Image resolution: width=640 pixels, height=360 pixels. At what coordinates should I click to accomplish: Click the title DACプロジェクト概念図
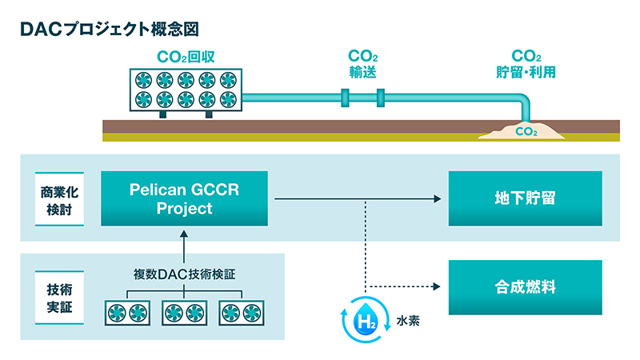pyautogui.click(x=110, y=29)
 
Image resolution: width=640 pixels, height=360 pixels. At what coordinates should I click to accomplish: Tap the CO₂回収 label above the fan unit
pyautogui.click(x=186, y=57)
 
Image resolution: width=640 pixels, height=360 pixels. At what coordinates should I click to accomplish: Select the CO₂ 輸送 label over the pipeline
pyautogui.click(x=363, y=64)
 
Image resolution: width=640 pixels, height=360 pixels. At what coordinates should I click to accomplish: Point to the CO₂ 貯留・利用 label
pyautogui.click(x=526, y=64)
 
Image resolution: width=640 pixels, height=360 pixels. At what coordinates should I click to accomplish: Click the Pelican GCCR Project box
pyautogui.click(x=185, y=198)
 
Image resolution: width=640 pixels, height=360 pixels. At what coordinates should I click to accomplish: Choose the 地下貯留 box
pyautogui.click(x=526, y=198)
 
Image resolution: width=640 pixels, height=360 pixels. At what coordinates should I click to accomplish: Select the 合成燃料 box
pyautogui.click(x=526, y=287)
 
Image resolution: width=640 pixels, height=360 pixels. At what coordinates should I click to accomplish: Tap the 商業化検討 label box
pyautogui.click(x=59, y=198)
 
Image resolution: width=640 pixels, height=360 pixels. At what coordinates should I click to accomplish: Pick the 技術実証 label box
pyautogui.click(x=59, y=298)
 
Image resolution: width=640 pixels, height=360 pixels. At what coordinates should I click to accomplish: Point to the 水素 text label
pyautogui.click(x=408, y=321)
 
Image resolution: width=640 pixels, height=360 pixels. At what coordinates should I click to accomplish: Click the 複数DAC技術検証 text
pyautogui.click(x=185, y=274)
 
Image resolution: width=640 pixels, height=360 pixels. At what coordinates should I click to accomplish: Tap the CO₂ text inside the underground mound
pyautogui.click(x=526, y=131)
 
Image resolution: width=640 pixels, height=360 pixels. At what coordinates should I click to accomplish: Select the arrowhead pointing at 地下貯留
pyautogui.click(x=438, y=198)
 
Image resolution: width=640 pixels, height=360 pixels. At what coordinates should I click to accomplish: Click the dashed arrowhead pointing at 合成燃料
pyautogui.click(x=436, y=286)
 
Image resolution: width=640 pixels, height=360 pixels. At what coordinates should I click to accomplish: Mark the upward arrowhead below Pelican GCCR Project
pyautogui.click(x=184, y=234)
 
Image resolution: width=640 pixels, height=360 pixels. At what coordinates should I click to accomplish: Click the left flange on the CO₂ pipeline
pyautogui.click(x=345, y=98)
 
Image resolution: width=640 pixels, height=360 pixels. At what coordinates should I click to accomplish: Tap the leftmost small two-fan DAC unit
pyautogui.click(x=127, y=313)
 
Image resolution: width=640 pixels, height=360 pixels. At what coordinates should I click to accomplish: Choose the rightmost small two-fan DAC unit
pyautogui.click(x=242, y=313)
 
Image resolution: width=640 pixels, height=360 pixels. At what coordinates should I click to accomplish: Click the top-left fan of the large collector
pyautogui.click(x=144, y=80)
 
